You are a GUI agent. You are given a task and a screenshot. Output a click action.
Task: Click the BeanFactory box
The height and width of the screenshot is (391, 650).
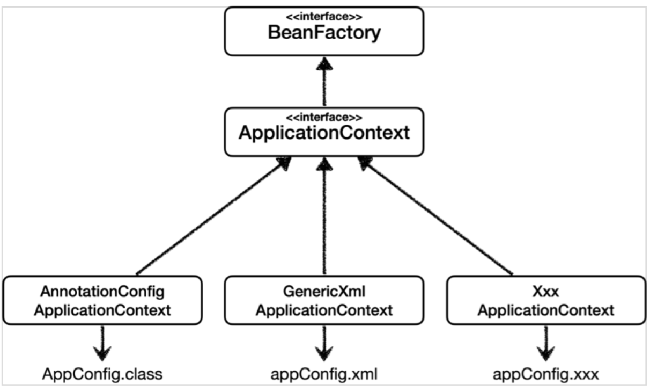(x=324, y=31)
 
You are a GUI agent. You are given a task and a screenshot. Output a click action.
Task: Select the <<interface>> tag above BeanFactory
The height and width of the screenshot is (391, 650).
(x=324, y=16)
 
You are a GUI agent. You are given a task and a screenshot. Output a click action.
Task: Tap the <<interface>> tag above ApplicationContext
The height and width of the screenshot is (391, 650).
(x=324, y=118)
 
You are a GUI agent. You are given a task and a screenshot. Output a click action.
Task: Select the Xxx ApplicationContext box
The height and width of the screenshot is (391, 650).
(x=546, y=300)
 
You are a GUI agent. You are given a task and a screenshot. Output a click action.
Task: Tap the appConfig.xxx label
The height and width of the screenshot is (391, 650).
(x=546, y=373)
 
